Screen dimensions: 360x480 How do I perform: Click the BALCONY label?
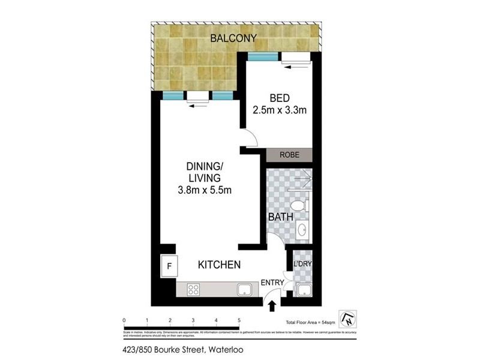(x=233, y=38)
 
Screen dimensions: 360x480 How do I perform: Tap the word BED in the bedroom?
(x=278, y=98)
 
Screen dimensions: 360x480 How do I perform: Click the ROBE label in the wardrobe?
(x=289, y=155)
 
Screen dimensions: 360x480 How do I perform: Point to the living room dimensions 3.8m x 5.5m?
(x=205, y=191)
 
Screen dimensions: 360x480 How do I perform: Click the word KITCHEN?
(x=220, y=265)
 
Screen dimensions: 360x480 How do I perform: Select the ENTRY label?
(x=272, y=283)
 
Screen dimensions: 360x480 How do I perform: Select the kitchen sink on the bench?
(x=245, y=290)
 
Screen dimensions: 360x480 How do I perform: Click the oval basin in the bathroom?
(x=302, y=229)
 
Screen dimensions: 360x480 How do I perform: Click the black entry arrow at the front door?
(x=271, y=306)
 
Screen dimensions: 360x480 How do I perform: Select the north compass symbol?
(x=346, y=319)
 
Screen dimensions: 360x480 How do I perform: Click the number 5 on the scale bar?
(x=239, y=320)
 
